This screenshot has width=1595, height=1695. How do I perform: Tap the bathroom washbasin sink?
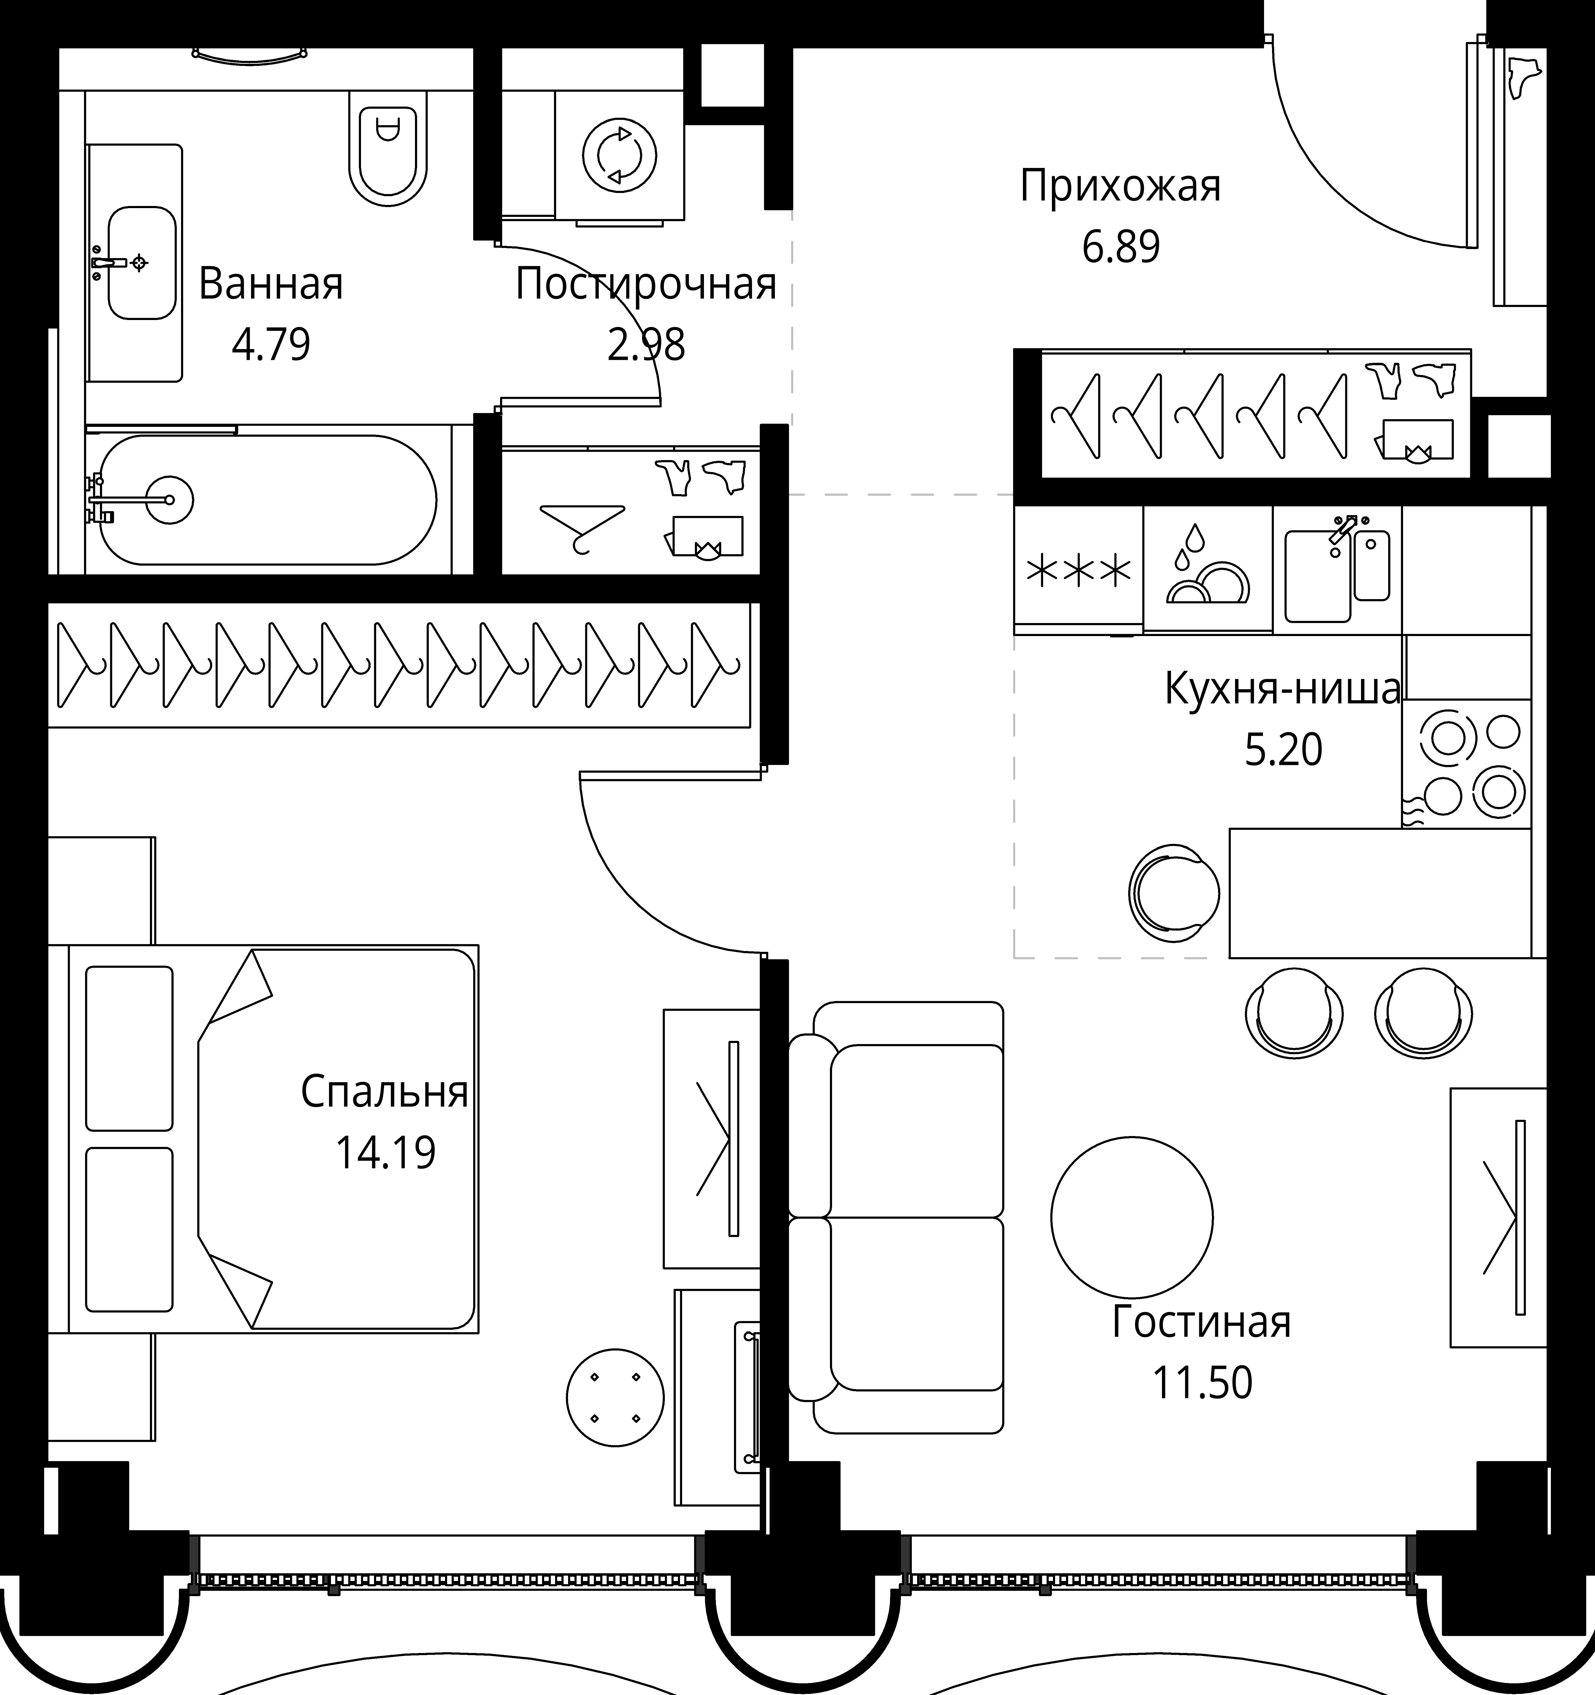142,263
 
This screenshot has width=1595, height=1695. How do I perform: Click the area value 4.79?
271,345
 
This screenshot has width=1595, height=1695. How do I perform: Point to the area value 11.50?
1203,1383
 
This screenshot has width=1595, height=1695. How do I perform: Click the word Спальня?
385,1092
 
